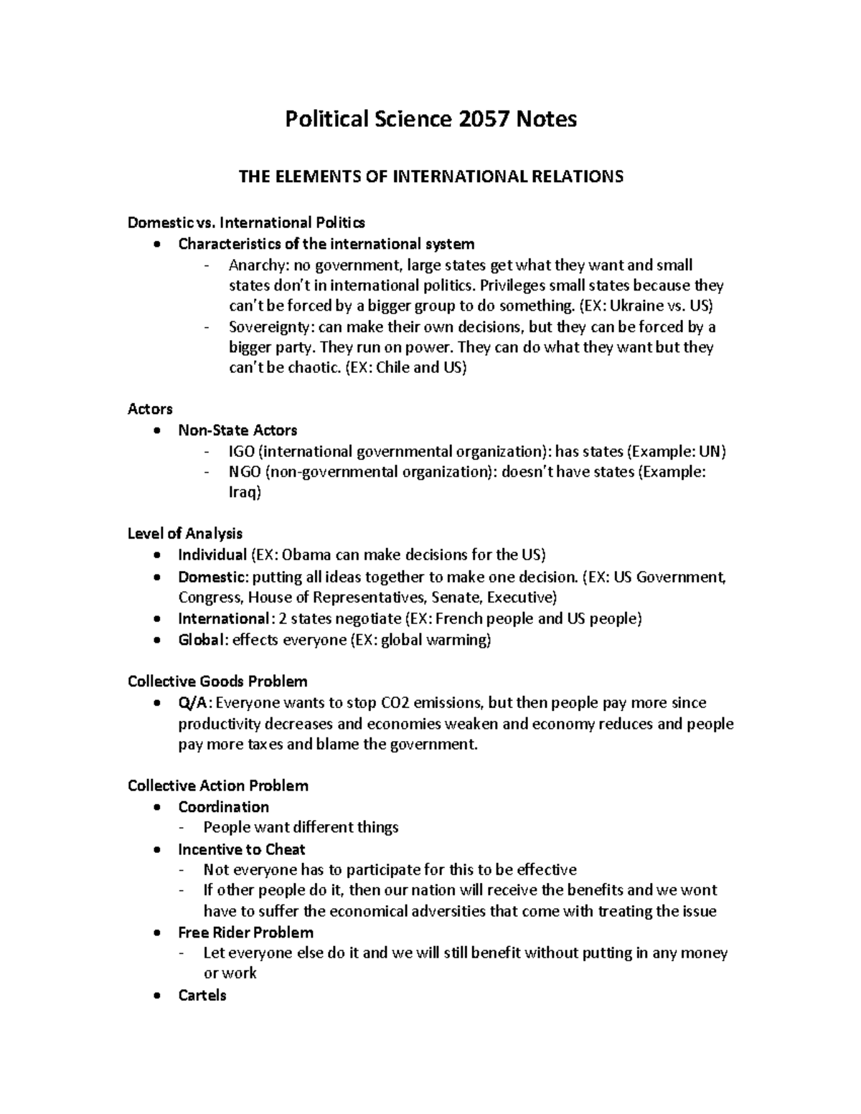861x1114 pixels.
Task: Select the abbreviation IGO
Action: pyautogui.click(x=240, y=451)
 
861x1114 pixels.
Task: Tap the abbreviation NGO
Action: pyautogui.click(x=244, y=472)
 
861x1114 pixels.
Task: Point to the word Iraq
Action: pyautogui.click(x=243, y=493)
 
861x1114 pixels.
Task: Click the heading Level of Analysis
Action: pyautogui.click(x=184, y=534)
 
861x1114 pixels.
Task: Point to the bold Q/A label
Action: pyautogui.click(x=194, y=703)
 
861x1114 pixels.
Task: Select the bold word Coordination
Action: pyautogui.click(x=223, y=807)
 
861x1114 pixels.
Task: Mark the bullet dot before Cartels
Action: pyautogui.click(x=157, y=996)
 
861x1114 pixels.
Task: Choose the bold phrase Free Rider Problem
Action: pyautogui.click(x=245, y=933)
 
